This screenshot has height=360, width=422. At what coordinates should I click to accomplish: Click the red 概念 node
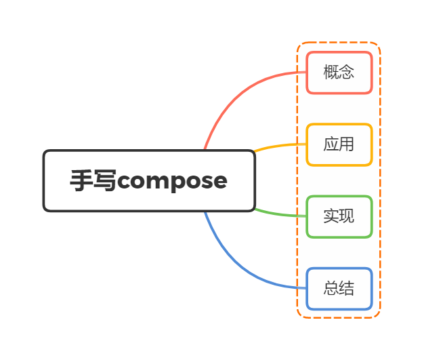[x=339, y=73]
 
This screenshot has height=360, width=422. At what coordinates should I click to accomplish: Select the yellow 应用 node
[x=339, y=144]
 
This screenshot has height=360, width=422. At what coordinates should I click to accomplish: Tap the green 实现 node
[x=339, y=216]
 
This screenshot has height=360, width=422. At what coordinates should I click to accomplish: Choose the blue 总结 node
[x=339, y=288]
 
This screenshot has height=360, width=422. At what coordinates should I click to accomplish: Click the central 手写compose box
[x=149, y=180]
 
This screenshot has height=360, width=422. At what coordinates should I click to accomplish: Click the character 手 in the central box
[x=82, y=180]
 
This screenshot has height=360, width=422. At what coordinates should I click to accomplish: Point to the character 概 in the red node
[x=331, y=73]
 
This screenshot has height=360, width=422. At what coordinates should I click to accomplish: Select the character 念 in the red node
[x=347, y=73]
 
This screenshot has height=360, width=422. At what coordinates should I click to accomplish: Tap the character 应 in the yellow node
[x=331, y=144]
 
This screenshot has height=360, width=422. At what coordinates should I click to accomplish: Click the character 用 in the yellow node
[x=347, y=144]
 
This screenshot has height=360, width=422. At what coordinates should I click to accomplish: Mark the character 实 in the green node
[x=331, y=216]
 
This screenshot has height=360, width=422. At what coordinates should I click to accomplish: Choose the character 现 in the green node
[x=347, y=216]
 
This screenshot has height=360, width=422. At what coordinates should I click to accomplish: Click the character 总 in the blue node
[x=331, y=288]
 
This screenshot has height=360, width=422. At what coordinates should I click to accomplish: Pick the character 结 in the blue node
[x=347, y=288]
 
